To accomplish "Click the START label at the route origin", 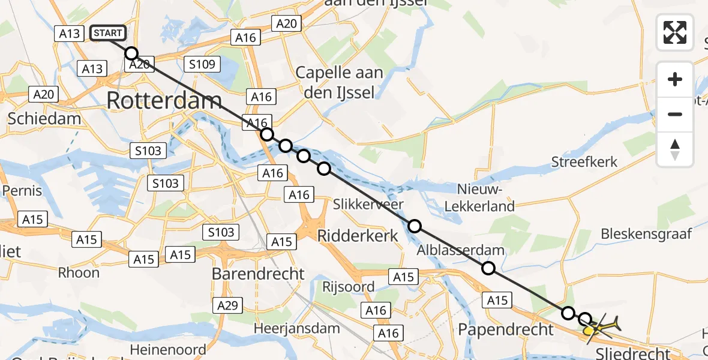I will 108,33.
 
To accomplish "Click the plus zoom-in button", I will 675,80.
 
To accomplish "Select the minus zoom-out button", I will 675,114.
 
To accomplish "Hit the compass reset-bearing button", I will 675,149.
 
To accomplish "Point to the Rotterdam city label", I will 164,101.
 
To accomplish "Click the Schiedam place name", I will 44,118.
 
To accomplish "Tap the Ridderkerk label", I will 357,235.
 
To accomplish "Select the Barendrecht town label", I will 258,274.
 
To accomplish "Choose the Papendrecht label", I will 505,329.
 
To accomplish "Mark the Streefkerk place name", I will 584,162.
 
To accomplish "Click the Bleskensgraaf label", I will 646,233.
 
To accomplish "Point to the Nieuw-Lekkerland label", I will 485,198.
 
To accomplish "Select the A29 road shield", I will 228,305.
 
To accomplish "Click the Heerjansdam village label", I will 296,328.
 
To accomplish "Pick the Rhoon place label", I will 79,272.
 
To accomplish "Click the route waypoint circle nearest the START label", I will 131,53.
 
